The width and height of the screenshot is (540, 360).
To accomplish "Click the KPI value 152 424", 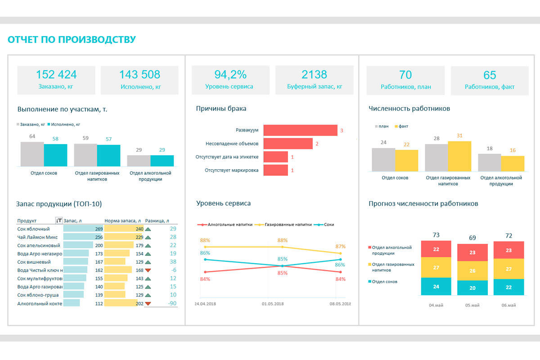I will tap(56, 75).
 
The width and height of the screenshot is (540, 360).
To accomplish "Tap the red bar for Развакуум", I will tap(300, 130).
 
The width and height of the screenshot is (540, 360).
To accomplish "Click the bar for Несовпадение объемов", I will tap(288, 144).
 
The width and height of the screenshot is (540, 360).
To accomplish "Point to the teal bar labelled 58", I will tap(55, 155).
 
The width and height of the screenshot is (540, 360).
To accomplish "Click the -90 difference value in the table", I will tap(172, 303).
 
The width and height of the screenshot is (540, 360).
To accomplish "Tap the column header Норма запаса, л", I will tap(122, 220).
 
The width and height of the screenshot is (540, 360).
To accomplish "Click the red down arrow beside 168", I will tap(148, 270).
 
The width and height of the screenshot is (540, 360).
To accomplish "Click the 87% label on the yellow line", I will tap(340, 246).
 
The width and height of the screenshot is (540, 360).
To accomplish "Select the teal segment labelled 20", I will tap(472, 288).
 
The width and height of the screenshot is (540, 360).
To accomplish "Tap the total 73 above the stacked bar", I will tap(436, 235).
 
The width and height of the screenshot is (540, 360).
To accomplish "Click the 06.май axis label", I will tap(508, 305).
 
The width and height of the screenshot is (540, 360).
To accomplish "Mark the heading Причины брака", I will tap(221, 108).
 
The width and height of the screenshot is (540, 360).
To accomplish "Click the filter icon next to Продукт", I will tap(58, 220).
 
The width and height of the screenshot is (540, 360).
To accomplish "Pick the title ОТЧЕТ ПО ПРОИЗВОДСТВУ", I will tap(72, 40).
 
